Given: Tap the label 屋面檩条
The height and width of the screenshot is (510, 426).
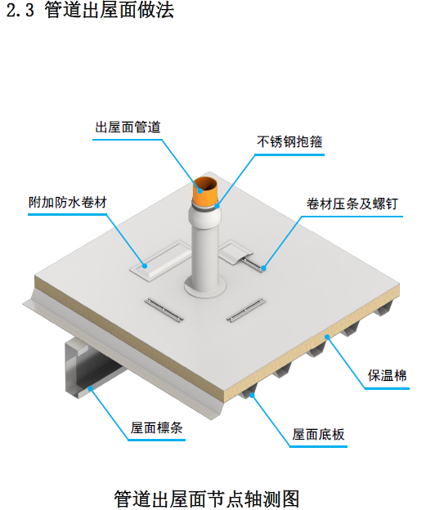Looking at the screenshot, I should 156,427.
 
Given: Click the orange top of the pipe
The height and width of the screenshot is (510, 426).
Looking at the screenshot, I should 205,192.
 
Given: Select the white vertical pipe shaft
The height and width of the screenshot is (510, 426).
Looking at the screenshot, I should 204,245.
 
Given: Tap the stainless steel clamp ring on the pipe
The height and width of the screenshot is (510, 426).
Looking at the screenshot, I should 205,208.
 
